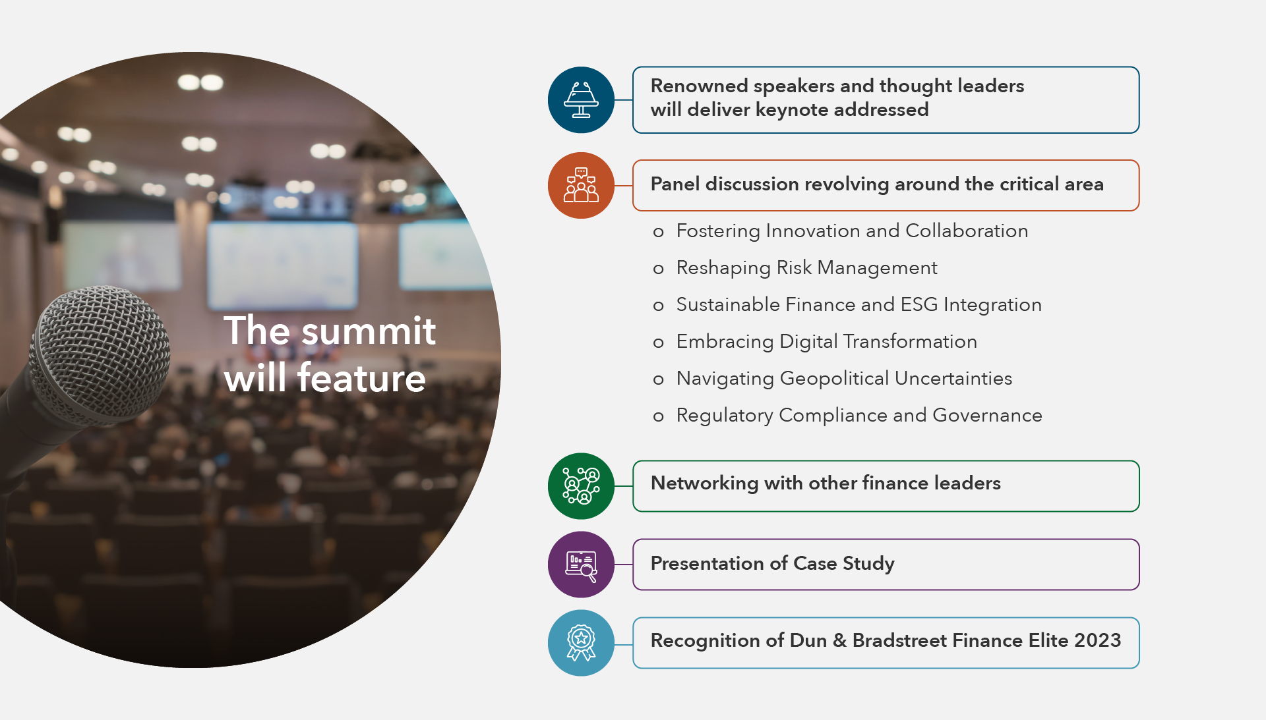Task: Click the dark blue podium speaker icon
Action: (x=581, y=100)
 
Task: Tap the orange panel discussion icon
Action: (x=581, y=185)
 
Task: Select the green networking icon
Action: (x=581, y=486)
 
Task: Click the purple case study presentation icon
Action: (x=581, y=565)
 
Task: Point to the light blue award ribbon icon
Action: (x=581, y=643)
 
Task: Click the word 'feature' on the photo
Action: (x=361, y=378)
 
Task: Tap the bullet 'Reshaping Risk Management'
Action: (x=806, y=268)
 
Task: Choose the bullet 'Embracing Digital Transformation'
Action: (x=826, y=342)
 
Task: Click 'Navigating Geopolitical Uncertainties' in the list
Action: (x=844, y=379)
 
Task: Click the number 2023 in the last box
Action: (x=1097, y=640)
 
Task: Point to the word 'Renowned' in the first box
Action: (x=699, y=86)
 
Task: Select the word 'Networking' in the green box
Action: (x=704, y=484)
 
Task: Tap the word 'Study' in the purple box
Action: (x=868, y=564)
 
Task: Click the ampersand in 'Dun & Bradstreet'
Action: (x=839, y=640)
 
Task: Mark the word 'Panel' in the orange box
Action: (x=675, y=184)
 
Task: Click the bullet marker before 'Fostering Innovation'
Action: (x=658, y=232)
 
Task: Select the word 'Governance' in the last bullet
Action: (x=987, y=415)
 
